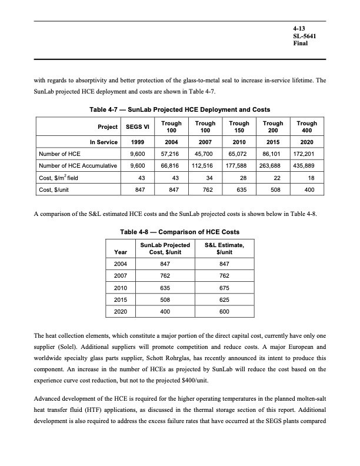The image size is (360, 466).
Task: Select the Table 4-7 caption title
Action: tap(179, 109)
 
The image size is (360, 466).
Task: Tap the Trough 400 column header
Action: tap(307, 128)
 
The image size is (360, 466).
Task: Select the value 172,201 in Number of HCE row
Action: tap(306, 155)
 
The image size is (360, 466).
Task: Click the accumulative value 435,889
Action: tap(306, 167)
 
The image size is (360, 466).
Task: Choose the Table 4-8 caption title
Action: tap(180, 232)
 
